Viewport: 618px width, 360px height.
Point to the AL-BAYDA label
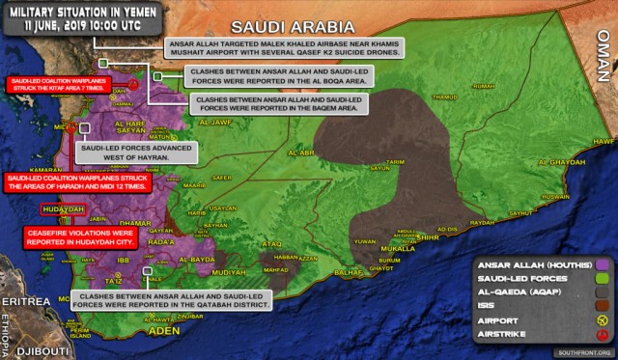[194, 260]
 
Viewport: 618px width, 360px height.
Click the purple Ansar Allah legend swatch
[604, 262]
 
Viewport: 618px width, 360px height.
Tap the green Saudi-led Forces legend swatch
[604, 280]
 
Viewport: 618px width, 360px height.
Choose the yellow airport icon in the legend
[604, 318]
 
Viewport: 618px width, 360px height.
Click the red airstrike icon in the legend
[604, 336]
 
